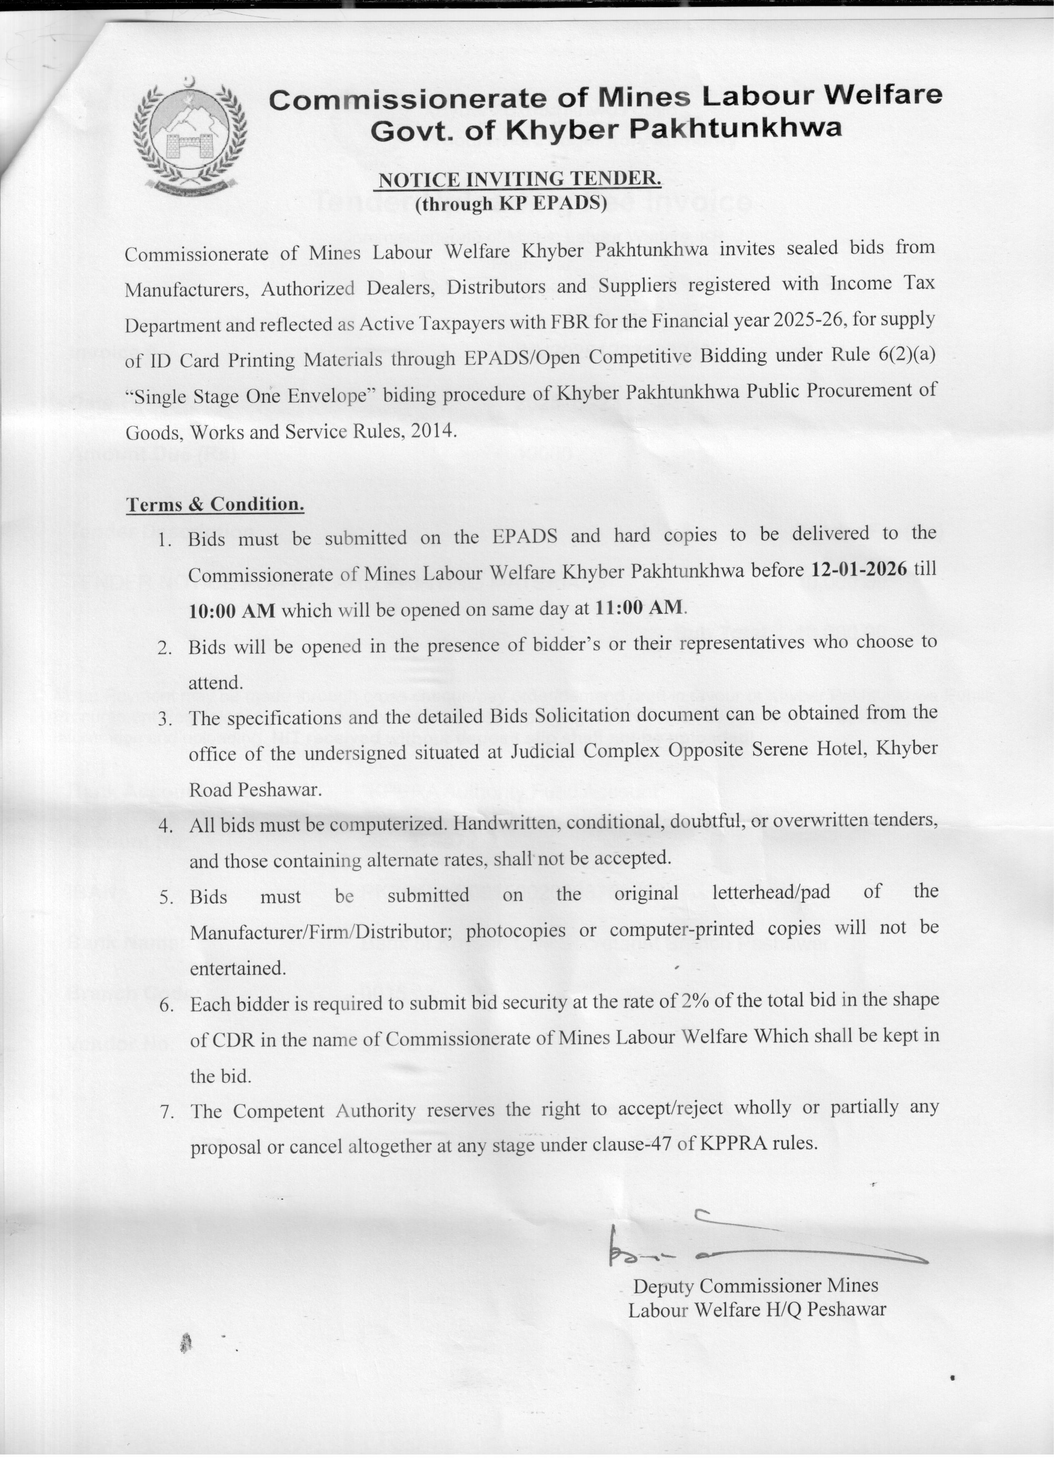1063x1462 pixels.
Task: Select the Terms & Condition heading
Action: click(x=215, y=504)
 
